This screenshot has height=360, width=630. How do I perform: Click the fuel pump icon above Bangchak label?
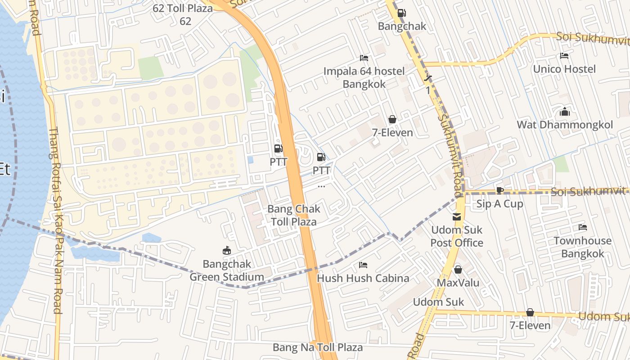401,13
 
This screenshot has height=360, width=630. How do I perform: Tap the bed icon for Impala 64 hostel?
364,58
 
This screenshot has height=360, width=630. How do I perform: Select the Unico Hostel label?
564,69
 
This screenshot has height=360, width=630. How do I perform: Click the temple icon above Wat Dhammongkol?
564,112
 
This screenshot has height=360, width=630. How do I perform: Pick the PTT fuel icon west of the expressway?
279,148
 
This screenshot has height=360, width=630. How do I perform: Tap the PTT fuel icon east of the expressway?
321,157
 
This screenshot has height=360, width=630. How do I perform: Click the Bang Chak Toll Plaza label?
294,215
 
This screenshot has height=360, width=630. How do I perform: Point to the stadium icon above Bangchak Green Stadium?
227,251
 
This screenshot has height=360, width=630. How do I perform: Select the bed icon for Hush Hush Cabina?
363,265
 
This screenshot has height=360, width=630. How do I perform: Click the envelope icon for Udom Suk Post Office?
457,217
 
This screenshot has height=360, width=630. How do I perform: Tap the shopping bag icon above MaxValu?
458,270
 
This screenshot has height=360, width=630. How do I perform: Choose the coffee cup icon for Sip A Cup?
499,190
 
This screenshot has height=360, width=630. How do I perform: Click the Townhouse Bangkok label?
582,247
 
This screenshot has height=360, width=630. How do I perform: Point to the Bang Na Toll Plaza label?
318,347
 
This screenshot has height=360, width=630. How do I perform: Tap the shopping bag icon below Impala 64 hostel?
392,119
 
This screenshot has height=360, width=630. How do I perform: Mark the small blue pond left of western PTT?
250,160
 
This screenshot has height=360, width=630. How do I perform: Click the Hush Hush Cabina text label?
363,278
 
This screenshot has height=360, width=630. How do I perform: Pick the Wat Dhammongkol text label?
564,125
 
